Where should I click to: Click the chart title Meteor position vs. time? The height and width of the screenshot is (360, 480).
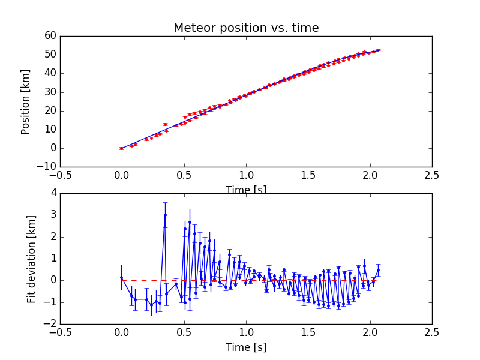pos(246,28)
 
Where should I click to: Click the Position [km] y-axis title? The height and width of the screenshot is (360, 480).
pos(25,101)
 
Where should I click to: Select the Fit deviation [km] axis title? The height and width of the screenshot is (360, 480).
pos(32,259)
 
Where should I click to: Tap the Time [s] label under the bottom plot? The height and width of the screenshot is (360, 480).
pos(246,347)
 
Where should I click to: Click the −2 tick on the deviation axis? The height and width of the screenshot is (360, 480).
pos(50,324)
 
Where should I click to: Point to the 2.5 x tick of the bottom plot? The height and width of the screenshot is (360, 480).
pos(431,332)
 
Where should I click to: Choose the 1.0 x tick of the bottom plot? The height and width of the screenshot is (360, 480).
pos(246,332)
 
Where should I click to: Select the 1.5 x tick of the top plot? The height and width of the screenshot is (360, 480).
pos(308,175)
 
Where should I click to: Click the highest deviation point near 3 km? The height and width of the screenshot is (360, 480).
pos(165,215)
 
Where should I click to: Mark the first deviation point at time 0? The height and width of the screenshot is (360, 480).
pos(122,277)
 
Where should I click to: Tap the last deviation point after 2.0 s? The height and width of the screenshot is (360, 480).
pos(378,270)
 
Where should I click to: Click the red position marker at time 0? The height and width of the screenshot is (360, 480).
pos(122,148)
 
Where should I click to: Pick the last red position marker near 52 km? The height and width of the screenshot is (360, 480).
pos(378,50)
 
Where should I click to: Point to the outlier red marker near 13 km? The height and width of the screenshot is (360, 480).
pos(165,124)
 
